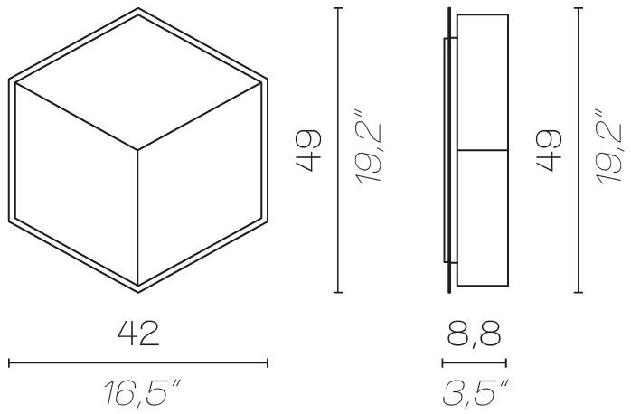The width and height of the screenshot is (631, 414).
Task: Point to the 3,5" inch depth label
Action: pos(474,394)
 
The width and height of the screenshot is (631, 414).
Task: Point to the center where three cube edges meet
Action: pos(138,150)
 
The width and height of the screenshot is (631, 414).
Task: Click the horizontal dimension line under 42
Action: pos(138,363)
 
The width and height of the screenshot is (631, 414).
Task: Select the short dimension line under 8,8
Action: pos(474,363)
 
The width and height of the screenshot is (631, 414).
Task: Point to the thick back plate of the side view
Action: pos(449,150)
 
